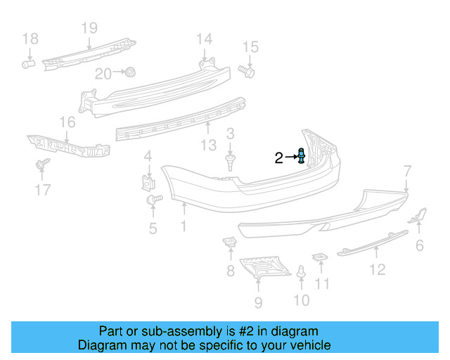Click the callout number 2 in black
click(278, 158)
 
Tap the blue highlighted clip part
click(302, 156)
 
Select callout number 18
click(30, 38)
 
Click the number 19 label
click(89, 28)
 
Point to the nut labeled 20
click(130, 72)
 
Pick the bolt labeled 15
click(247, 70)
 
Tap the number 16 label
click(67, 123)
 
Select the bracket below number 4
click(148, 183)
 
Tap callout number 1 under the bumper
click(184, 226)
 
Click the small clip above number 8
click(230, 243)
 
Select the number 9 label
click(258, 302)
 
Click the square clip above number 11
click(319, 258)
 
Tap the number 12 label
click(378, 269)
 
